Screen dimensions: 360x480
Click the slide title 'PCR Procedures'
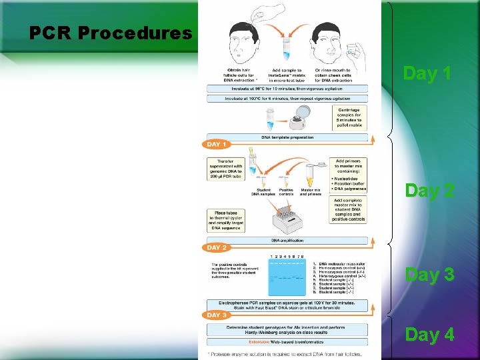111,33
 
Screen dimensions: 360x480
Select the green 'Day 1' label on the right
429,73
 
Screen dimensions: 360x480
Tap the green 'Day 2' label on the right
430,191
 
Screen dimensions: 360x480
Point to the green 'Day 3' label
430,274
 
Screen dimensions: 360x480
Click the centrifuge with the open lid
303,117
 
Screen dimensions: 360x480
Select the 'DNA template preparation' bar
287,137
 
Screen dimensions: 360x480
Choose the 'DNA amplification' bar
287,240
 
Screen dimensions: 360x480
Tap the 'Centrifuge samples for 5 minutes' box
350,118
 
